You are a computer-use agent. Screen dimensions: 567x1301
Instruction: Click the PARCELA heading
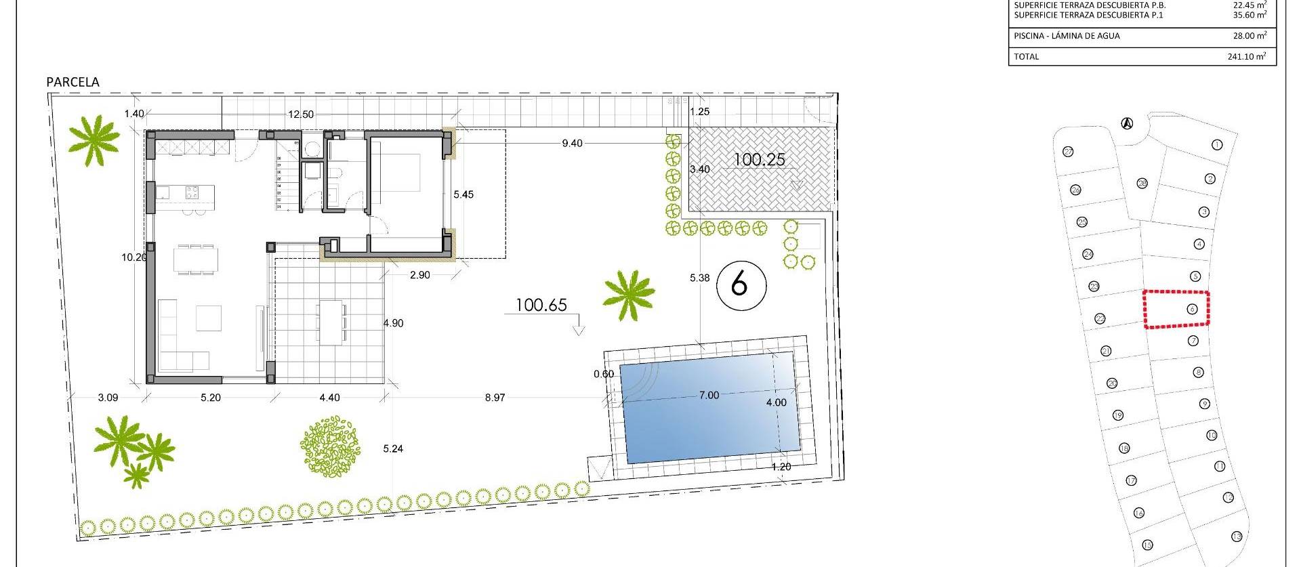coord(73,82)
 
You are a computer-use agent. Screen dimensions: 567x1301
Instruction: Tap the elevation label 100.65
coord(541,305)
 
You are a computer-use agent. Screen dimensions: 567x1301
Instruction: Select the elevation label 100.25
coord(759,160)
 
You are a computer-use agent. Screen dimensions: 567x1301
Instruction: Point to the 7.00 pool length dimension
coord(709,395)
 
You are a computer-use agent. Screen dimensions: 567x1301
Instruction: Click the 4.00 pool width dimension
coord(776,402)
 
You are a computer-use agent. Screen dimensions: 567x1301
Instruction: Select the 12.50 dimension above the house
coord(301,114)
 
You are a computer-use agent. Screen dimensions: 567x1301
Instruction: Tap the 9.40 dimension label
coord(572,144)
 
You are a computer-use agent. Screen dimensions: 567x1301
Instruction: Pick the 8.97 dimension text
coord(495,398)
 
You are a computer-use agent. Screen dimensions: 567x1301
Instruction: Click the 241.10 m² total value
coord(1246,57)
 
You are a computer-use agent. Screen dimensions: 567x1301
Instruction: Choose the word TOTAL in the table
coord(1027,57)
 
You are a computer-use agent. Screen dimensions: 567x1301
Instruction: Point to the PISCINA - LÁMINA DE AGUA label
coord(1067,36)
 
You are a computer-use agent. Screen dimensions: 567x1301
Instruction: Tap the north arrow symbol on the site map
coord(1127,123)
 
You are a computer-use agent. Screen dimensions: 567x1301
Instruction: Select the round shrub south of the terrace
coord(329,445)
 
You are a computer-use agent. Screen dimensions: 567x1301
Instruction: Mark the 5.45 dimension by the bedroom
coord(463,194)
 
